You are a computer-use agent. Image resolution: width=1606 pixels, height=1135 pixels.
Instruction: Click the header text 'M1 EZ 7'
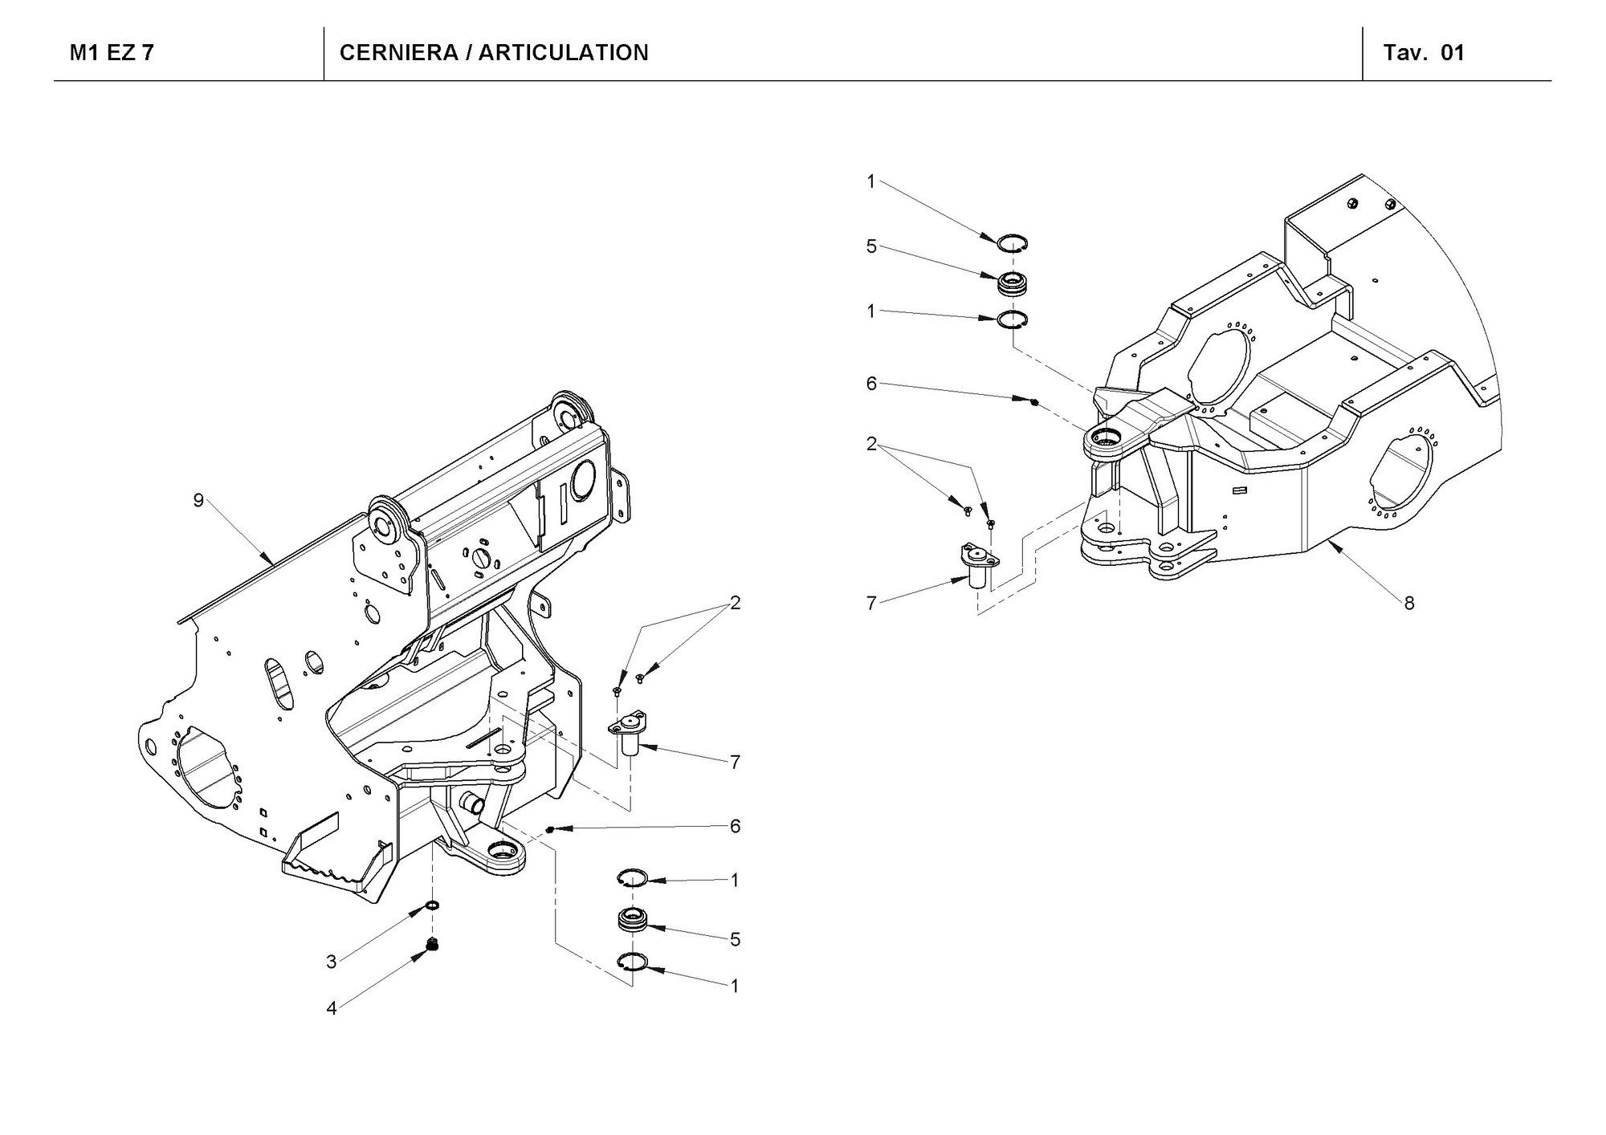tap(112, 53)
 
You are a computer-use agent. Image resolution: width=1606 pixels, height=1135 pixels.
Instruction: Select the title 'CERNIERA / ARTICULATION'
tap(494, 53)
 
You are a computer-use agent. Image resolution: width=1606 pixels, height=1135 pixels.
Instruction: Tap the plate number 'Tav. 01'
tap(1424, 53)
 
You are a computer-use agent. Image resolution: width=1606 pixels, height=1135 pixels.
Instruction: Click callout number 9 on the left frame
tap(198, 501)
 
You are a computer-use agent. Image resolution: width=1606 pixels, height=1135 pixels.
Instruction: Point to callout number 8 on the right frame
tap(1409, 602)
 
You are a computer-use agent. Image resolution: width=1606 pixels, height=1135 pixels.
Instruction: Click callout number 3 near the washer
tap(331, 962)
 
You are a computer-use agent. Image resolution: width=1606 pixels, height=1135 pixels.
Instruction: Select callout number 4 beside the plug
tap(331, 1009)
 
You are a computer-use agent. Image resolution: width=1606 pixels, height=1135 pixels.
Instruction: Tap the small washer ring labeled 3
tap(433, 905)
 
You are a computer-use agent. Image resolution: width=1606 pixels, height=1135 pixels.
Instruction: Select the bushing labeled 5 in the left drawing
tap(632, 920)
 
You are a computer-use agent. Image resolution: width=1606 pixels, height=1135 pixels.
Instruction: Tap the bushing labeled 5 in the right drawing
tap(1013, 282)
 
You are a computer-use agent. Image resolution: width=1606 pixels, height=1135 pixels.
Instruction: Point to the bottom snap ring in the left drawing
tap(632, 964)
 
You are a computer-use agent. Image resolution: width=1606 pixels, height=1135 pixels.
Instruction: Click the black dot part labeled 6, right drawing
tap(1034, 401)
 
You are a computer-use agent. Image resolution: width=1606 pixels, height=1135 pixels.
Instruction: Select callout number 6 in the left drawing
tap(734, 827)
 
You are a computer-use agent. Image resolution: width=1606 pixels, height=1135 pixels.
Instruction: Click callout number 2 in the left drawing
tap(734, 603)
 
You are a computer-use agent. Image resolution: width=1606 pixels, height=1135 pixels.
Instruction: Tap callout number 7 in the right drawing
tap(871, 603)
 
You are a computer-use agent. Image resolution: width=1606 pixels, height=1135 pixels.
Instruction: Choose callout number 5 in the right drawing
tap(871, 246)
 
